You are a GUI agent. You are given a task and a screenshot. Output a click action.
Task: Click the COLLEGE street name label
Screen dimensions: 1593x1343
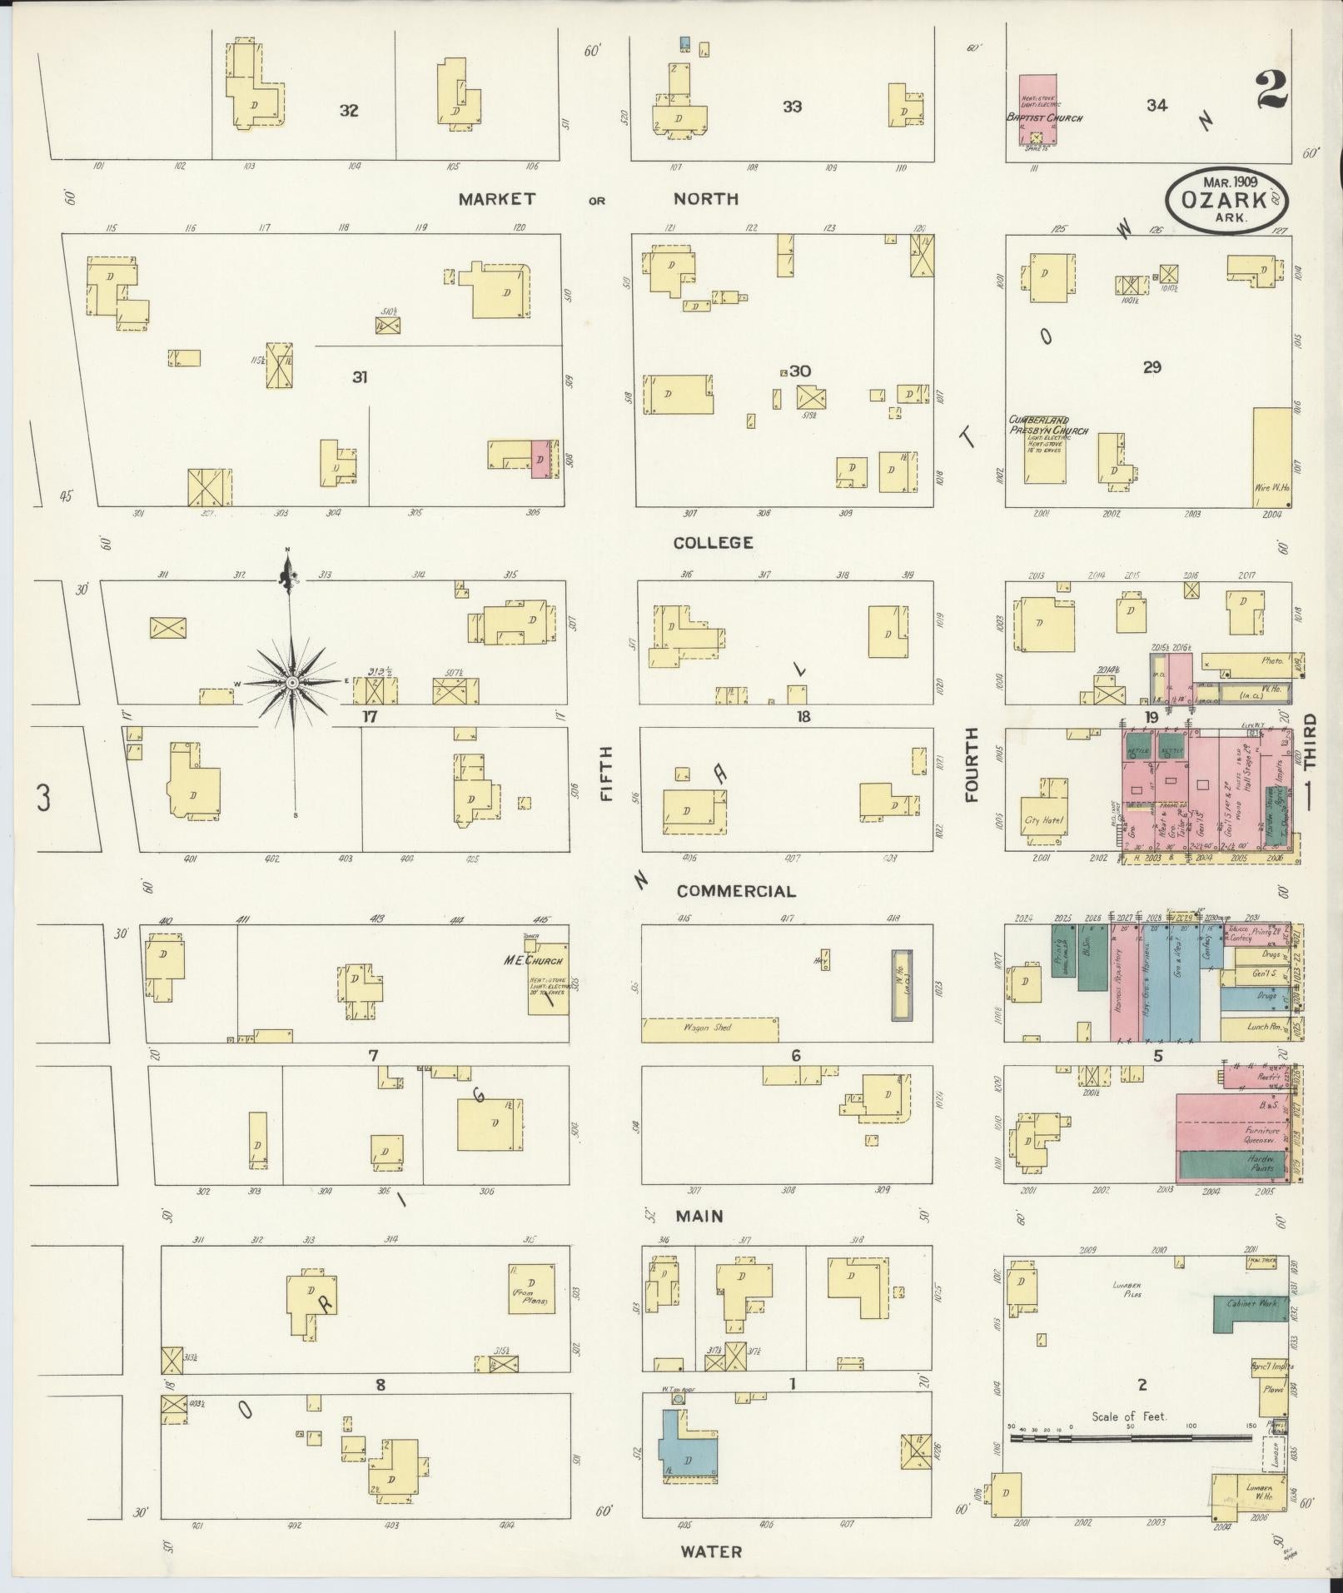(713, 543)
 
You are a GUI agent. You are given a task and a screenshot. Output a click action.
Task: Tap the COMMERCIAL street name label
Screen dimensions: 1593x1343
(735, 891)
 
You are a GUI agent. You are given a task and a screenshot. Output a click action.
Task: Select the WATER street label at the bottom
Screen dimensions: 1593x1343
(710, 1551)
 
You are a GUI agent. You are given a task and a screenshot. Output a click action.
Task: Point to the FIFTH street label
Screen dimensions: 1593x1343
(606, 774)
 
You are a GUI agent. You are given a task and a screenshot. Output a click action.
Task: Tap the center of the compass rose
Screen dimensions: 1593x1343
(292, 683)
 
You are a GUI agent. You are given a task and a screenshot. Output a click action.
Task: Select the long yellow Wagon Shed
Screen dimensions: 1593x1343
(709, 1029)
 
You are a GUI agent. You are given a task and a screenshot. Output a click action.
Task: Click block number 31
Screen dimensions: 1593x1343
(359, 377)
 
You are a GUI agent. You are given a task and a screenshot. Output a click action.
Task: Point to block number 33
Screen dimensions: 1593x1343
(792, 107)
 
